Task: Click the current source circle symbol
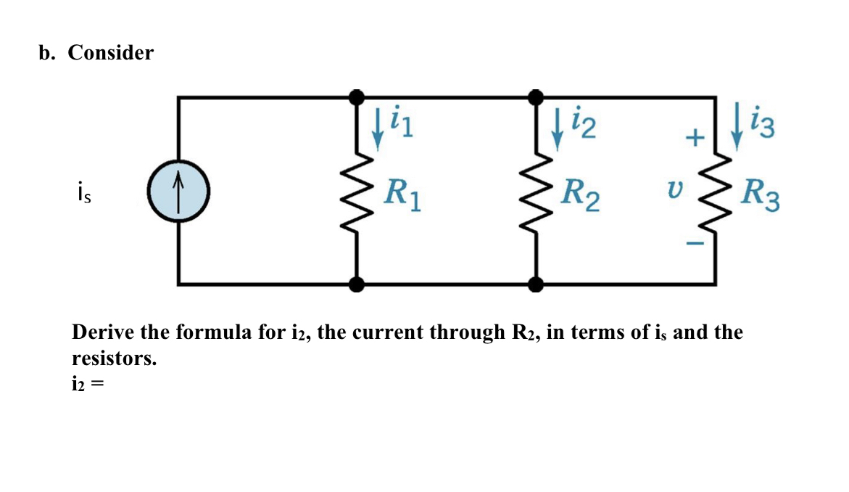coord(178,191)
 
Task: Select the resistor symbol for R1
coord(356,193)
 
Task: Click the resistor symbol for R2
coord(537,193)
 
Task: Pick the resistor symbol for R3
coord(716,193)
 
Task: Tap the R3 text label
coord(761,194)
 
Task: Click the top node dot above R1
coord(356,97)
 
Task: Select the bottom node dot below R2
coord(536,284)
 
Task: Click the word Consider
coord(111,53)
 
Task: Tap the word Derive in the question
coord(103,332)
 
